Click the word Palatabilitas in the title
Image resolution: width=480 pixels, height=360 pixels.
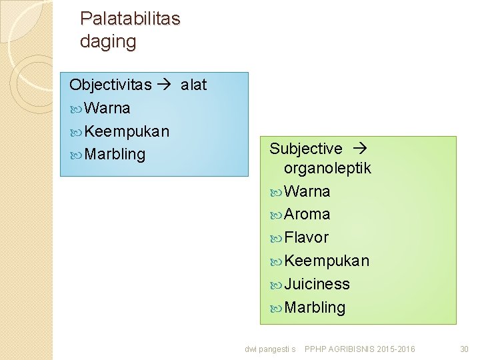point(130,19)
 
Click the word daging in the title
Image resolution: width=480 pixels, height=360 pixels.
point(107,42)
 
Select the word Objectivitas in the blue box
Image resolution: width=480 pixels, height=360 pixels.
point(110,85)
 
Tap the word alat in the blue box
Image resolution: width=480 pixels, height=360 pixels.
point(193,85)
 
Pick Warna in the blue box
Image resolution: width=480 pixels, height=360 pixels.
point(107,108)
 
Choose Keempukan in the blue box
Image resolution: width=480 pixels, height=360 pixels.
point(127,131)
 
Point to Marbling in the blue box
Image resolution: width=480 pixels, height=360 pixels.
point(115,154)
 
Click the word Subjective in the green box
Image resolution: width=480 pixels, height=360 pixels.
point(305,149)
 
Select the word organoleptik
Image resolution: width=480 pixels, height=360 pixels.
point(327,169)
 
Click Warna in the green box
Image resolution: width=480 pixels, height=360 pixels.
point(307,191)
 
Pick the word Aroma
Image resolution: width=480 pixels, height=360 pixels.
point(307,214)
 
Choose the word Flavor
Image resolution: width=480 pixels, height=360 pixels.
point(306,237)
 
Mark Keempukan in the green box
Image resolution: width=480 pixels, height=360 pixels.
point(326,261)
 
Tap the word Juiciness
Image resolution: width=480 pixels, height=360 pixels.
point(317,284)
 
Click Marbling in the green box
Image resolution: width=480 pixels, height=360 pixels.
point(315,307)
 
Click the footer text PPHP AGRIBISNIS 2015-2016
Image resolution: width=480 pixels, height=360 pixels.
point(359,349)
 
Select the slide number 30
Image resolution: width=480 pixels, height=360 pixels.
point(464,349)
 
